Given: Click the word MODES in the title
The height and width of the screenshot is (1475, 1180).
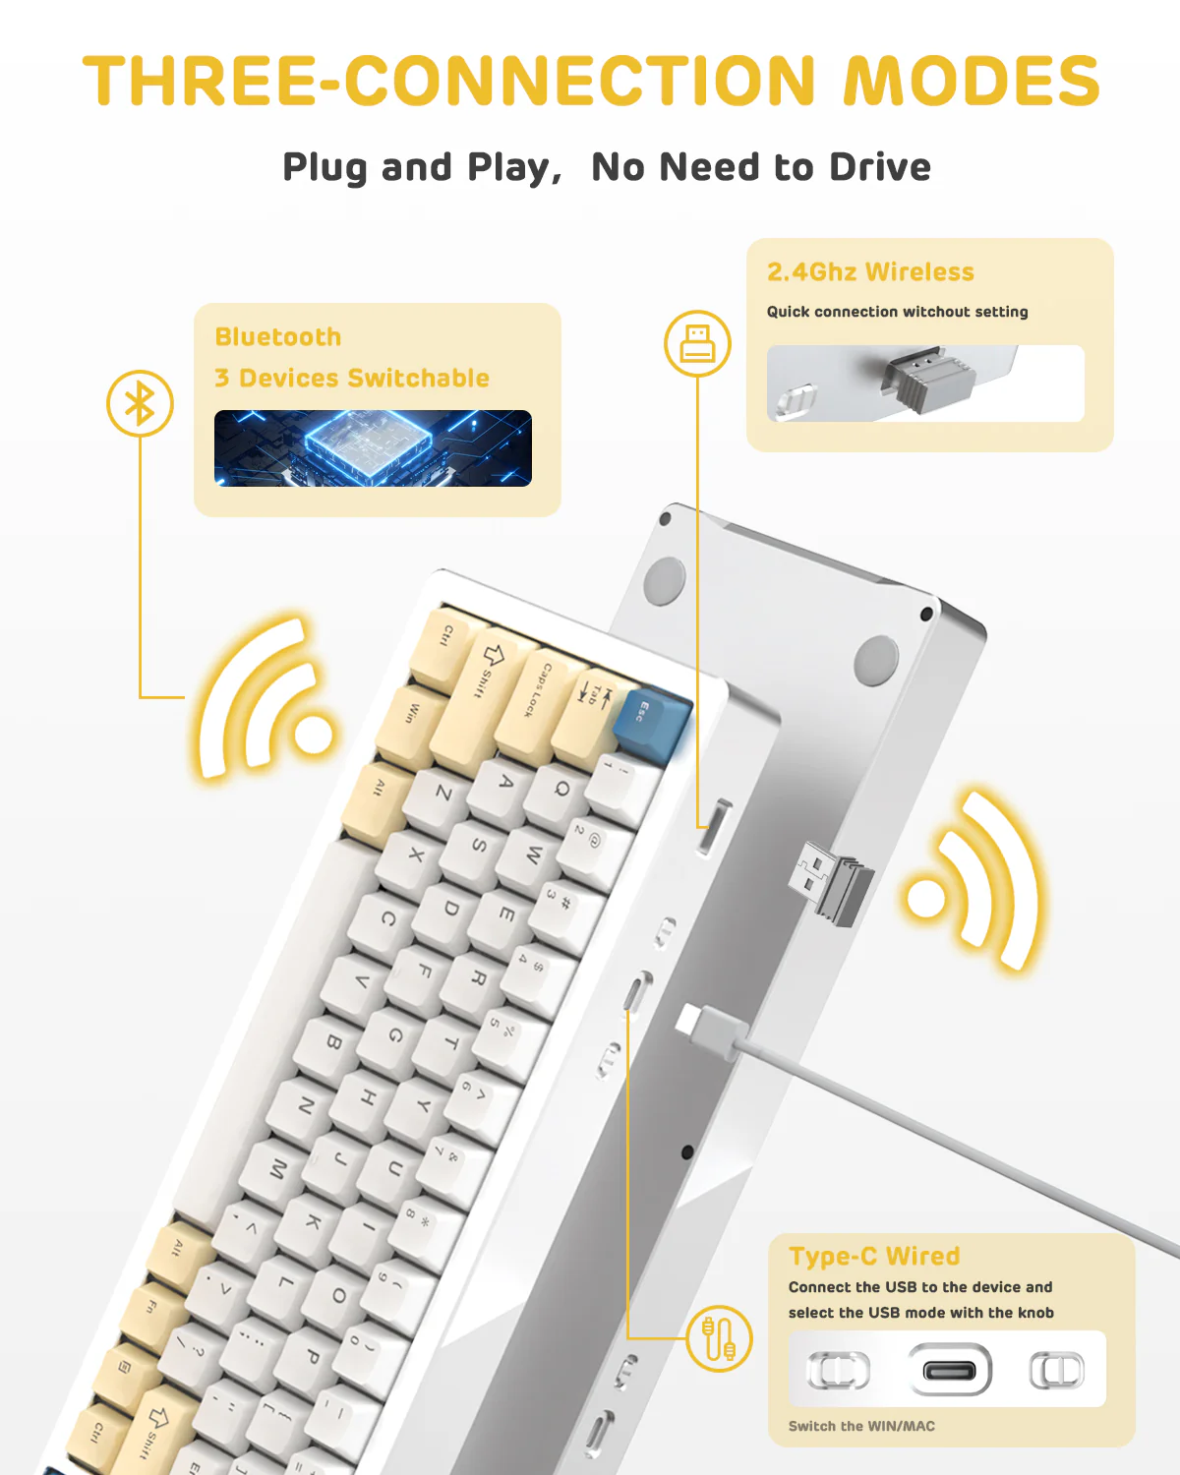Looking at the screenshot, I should [x=972, y=81].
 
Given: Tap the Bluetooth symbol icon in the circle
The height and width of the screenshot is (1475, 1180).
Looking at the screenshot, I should [x=140, y=403].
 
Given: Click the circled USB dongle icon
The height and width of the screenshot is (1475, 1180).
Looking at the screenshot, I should [x=697, y=343].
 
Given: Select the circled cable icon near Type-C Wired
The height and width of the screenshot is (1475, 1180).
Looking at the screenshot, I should [x=719, y=1339].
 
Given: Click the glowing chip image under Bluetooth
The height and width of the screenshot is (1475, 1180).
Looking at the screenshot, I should [x=373, y=448].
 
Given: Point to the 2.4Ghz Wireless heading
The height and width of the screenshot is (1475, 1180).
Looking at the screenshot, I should [x=870, y=272].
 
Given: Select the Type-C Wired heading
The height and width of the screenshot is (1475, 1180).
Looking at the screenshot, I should [x=874, y=1257].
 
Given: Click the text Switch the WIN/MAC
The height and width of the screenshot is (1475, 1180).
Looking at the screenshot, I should [x=861, y=1426].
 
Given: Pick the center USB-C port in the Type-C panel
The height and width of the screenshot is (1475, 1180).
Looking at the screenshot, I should [x=949, y=1370].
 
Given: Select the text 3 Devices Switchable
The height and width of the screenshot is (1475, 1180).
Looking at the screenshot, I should [x=352, y=379].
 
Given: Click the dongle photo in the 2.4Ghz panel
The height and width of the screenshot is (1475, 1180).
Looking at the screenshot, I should [x=924, y=383].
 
